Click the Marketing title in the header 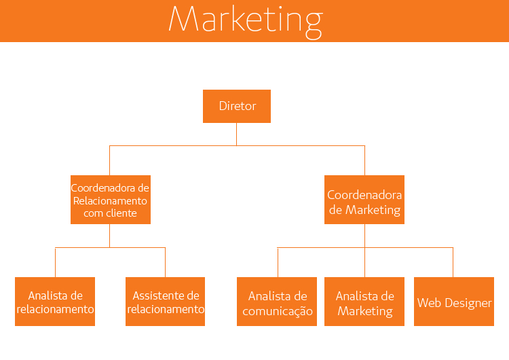tap(245, 20)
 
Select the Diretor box tap(237, 106)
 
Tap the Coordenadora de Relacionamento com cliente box tap(110, 200)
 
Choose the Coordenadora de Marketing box tap(364, 202)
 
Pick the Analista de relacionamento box tap(55, 302)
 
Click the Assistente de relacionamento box tap(166, 302)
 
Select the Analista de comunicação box tap(277, 302)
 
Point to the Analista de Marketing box tap(364, 302)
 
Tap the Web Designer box tap(454, 302)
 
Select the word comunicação tap(278, 312)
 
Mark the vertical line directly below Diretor tap(237, 134)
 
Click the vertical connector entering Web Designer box tap(453, 262)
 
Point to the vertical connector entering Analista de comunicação tap(278, 262)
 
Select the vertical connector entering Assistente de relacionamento tap(165, 262)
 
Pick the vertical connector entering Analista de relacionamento tap(55, 262)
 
